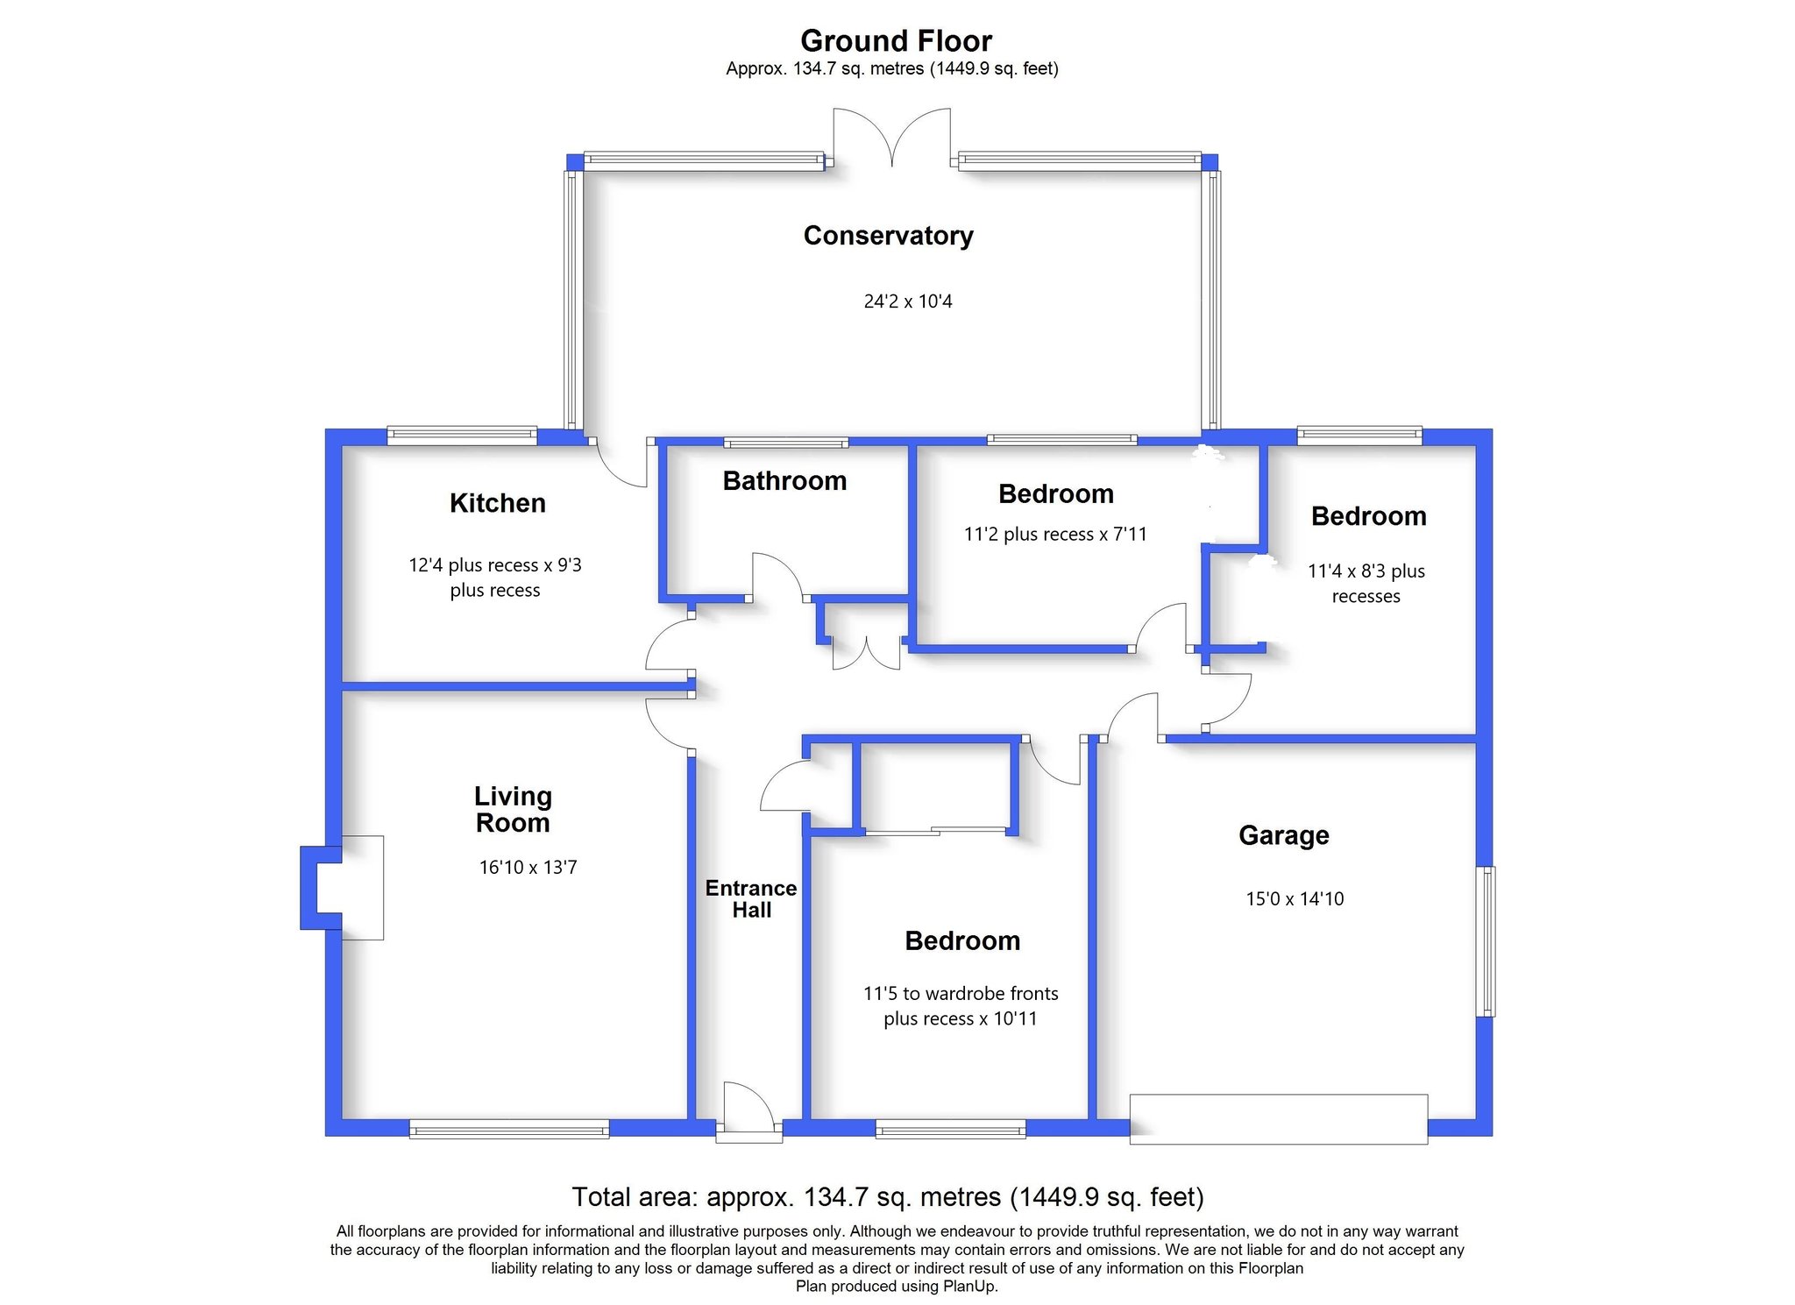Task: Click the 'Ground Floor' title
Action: tap(896, 41)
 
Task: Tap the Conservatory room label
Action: tap(888, 236)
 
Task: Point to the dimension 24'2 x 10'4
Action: tap(908, 301)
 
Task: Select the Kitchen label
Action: tap(497, 503)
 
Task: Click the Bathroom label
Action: tap(784, 481)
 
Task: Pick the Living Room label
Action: tap(513, 809)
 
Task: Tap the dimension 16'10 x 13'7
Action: tap(528, 868)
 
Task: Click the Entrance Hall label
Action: tap(751, 899)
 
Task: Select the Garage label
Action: tap(1284, 836)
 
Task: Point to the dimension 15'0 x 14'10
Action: tap(1295, 899)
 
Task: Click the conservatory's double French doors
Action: tap(891, 138)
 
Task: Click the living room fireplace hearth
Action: tap(362, 888)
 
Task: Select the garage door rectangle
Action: tap(1279, 1119)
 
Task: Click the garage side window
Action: tap(1486, 941)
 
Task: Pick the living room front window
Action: tap(509, 1129)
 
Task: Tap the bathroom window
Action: tap(786, 443)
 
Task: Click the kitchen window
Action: tap(462, 436)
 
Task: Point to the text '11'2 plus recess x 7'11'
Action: tap(1055, 535)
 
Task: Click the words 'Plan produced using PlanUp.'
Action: tap(897, 1287)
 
